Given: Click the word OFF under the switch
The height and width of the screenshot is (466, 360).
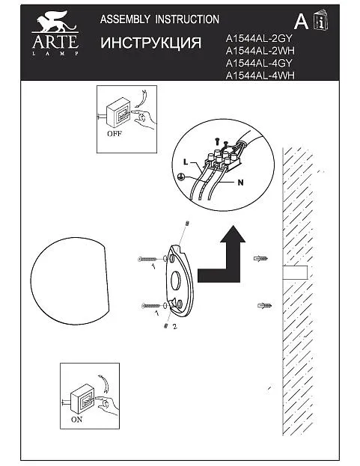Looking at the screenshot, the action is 115,134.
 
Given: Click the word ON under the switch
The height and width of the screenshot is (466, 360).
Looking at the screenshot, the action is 76,420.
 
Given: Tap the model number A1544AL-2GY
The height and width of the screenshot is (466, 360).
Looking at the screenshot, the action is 259,38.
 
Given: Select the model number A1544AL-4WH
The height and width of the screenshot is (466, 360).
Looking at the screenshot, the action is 260,76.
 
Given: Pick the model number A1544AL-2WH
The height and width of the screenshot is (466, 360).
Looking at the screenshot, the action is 260,51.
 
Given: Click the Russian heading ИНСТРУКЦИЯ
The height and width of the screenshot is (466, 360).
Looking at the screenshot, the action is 150,43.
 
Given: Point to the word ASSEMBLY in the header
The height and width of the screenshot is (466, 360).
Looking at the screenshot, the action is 125,19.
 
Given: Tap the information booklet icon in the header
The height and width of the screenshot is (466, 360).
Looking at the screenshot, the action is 321,19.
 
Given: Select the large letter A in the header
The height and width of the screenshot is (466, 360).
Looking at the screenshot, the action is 301,22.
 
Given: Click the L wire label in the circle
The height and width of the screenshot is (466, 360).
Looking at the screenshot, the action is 186,162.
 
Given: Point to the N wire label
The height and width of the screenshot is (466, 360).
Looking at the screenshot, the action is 240,183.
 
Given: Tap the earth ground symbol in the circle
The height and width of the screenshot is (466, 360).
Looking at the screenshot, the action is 180,177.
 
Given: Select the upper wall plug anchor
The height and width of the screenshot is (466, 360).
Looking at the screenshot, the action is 260,259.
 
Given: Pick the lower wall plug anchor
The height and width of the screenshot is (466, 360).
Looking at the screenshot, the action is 265,305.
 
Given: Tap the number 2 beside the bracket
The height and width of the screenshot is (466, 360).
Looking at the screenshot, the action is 175,326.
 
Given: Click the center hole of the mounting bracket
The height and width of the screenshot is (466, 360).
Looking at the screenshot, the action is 176,280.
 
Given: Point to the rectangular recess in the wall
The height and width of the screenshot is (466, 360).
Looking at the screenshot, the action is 295,273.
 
